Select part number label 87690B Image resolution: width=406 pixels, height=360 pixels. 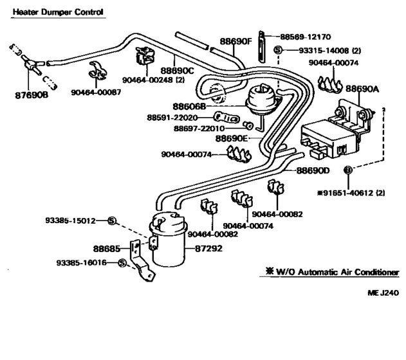(x=31, y=94)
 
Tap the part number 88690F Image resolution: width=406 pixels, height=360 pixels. (x=235, y=41)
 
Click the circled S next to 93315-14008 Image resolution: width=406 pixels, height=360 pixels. (x=277, y=50)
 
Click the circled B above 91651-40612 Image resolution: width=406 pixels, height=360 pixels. (x=348, y=170)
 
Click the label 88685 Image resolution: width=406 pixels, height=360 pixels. (x=106, y=248)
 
